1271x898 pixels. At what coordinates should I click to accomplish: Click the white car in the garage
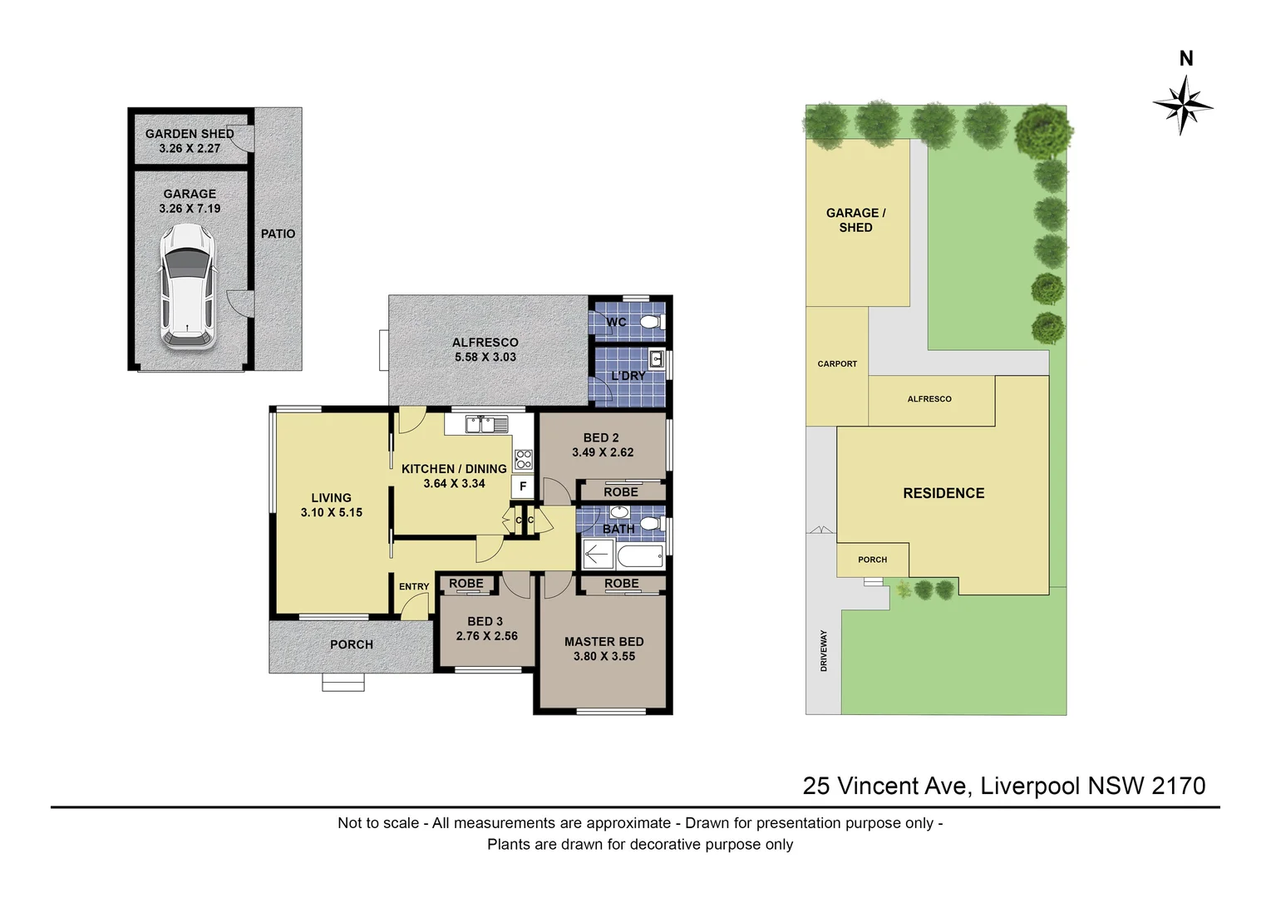[187, 286]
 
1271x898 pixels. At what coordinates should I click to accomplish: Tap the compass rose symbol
[1183, 106]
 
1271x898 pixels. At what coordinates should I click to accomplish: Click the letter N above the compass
[1186, 58]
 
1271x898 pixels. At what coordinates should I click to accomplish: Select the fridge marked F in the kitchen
[523, 486]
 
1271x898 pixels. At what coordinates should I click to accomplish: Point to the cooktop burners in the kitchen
[524, 459]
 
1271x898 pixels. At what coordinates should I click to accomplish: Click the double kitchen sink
[487, 424]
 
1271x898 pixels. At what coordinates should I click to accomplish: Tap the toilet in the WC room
[653, 323]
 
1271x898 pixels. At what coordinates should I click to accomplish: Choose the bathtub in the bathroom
[640, 555]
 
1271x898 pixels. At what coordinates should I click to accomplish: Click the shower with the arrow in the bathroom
[599, 554]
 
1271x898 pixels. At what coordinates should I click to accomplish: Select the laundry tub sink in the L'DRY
[657, 358]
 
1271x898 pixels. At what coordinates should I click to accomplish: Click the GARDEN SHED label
[190, 134]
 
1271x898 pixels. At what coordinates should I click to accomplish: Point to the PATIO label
[278, 234]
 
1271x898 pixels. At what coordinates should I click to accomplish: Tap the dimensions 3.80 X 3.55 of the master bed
[604, 656]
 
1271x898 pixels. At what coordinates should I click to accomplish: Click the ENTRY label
[414, 586]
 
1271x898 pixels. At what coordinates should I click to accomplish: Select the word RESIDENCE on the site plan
[943, 493]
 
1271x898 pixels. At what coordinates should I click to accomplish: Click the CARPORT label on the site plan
[838, 364]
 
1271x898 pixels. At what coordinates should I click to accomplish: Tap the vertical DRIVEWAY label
[823, 651]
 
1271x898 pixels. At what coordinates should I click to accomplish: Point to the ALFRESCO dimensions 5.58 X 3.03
[485, 357]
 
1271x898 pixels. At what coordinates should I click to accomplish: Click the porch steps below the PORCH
[343, 683]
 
